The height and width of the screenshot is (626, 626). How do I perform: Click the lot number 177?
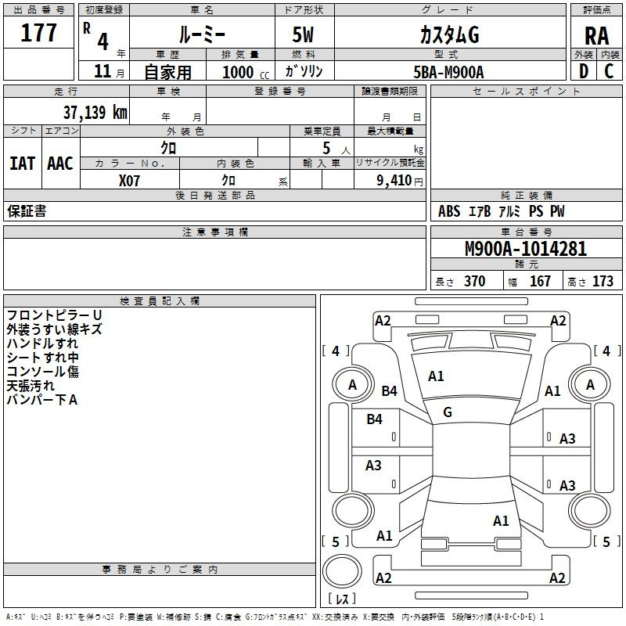(38, 32)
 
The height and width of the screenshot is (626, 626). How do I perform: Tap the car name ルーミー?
(202, 34)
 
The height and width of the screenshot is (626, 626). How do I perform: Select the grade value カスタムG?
(449, 34)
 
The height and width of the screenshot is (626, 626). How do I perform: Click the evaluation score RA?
(596, 36)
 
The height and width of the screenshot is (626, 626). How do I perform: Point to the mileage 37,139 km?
(95, 112)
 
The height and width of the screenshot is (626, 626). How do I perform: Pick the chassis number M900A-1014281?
(526, 249)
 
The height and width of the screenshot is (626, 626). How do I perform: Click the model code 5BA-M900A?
(448, 72)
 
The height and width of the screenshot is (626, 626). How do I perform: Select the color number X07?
(129, 181)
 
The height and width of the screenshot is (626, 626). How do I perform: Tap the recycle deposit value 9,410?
(394, 181)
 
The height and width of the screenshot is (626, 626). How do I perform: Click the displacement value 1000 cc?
(246, 72)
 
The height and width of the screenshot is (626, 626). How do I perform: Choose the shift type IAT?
(23, 164)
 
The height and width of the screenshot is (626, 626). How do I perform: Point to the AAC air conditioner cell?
(60, 164)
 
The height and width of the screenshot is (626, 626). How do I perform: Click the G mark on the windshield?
(448, 412)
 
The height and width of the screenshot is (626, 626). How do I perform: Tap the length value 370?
(475, 281)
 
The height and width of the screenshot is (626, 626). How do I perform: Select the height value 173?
(603, 281)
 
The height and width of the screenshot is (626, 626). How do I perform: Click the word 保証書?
(27, 210)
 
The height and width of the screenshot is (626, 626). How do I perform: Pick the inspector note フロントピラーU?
(54, 315)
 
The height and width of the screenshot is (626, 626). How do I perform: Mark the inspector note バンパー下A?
(42, 400)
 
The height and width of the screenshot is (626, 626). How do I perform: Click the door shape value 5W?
(303, 34)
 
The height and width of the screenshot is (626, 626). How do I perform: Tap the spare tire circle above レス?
(342, 571)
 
